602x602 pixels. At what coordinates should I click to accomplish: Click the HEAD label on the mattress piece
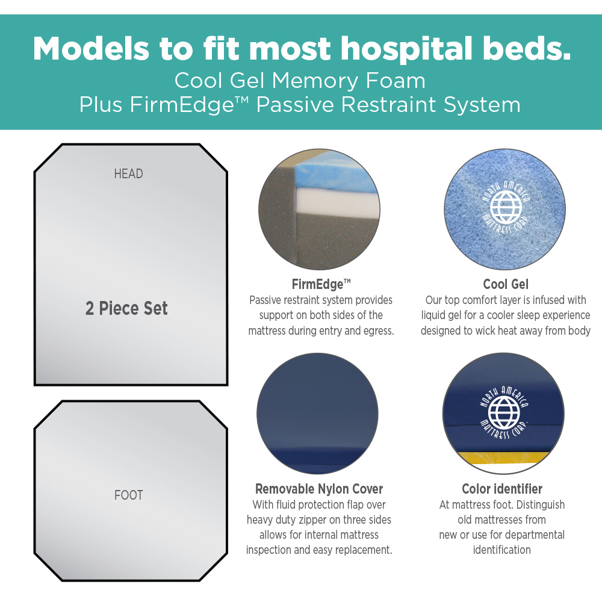pyautogui.click(x=129, y=174)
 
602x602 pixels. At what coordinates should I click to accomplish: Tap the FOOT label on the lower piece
pyautogui.click(x=129, y=495)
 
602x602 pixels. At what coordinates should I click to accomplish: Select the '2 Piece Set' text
pyautogui.click(x=126, y=308)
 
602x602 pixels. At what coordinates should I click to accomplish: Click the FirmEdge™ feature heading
pyautogui.click(x=321, y=284)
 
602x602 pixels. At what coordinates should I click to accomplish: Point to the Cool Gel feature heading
pyautogui.click(x=506, y=284)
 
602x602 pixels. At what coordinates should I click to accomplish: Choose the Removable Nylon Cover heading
pyautogui.click(x=319, y=489)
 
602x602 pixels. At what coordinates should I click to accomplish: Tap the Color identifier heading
pyautogui.click(x=502, y=489)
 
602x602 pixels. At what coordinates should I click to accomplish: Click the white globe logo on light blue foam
pyautogui.click(x=506, y=208)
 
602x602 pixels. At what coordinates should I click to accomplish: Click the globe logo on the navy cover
pyautogui.click(x=504, y=413)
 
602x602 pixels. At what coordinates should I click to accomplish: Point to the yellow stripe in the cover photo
pyautogui.click(x=503, y=458)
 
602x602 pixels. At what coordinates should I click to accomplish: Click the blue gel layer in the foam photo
pyautogui.click(x=334, y=173)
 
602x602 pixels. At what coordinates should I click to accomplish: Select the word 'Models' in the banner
pyautogui.click(x=91, y=49)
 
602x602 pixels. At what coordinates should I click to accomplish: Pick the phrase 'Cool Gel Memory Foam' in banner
pyautogui.click(x=300, y=81)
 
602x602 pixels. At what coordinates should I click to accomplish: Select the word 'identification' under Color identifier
pyautogui.click(x=502, y=550)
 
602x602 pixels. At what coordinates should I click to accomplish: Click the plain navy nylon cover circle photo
pyautogui.click(x=317, y=414)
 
